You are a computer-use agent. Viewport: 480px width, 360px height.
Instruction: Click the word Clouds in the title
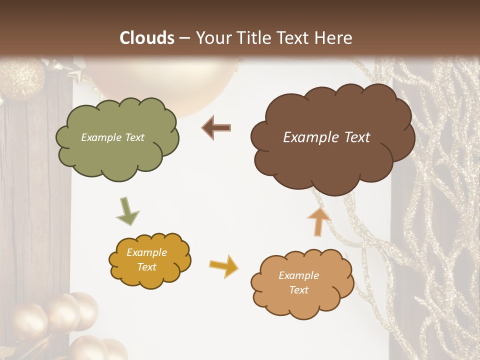tap(147, 38)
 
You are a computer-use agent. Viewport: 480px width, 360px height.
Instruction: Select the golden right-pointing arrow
tap(224, 266)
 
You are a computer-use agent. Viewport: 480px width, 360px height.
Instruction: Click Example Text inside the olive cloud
tap(112, 137)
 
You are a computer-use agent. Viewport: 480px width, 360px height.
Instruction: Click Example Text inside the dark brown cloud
tap(326, 137)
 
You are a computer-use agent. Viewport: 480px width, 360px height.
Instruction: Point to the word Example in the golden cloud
tap(146, 252)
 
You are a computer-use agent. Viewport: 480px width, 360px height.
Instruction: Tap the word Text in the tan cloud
tap(298, 290)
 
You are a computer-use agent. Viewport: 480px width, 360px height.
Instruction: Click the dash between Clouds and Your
tap(184, 38)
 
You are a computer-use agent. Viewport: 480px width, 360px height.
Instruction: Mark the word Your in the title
tap(212, 38)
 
